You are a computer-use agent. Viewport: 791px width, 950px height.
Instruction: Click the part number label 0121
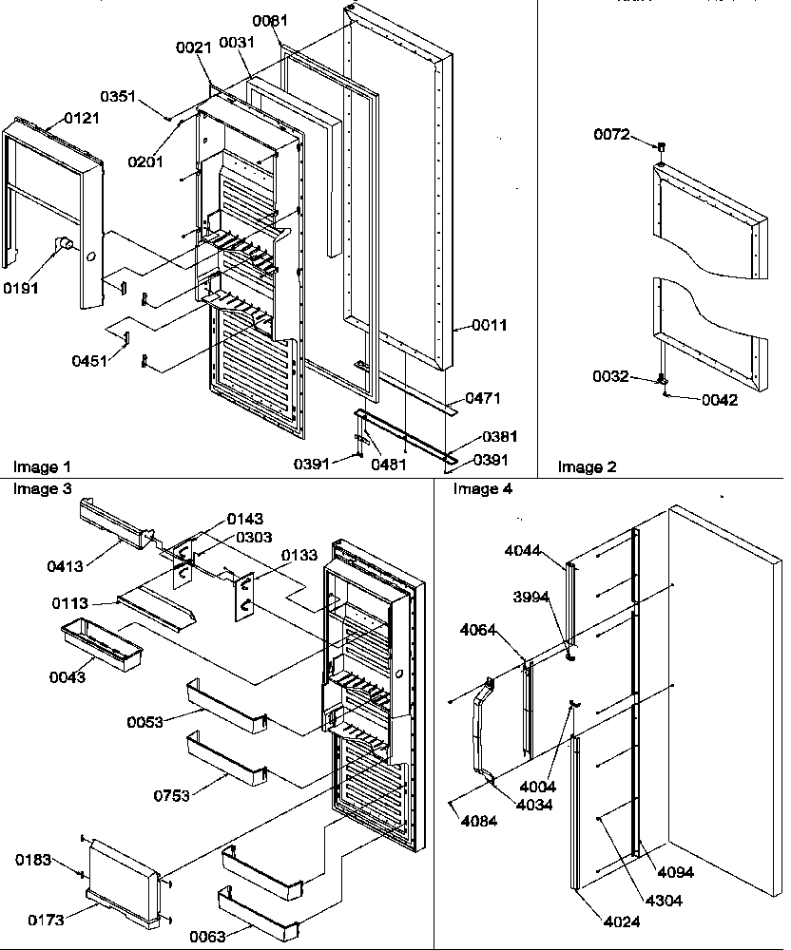coord(81,118)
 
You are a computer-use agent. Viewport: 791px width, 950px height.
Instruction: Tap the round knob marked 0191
coord(66,245)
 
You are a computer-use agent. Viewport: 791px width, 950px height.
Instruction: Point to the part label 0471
coord(483,399)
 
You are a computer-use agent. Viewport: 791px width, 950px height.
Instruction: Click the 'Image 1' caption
coord(42,466)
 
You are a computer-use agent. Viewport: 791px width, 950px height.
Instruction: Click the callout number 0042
coord(720,400)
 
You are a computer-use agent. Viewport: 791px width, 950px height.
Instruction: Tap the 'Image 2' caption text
coord(587,466)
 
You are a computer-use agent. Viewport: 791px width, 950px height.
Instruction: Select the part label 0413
coord(66,566)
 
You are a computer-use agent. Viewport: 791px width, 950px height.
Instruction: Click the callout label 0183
coord(32,860)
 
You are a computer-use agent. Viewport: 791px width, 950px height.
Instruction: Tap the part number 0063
coord(233,937)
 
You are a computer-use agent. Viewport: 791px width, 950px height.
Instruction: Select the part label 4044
coord(522,551)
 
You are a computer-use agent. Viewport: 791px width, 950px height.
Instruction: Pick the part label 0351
coord(120,96)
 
